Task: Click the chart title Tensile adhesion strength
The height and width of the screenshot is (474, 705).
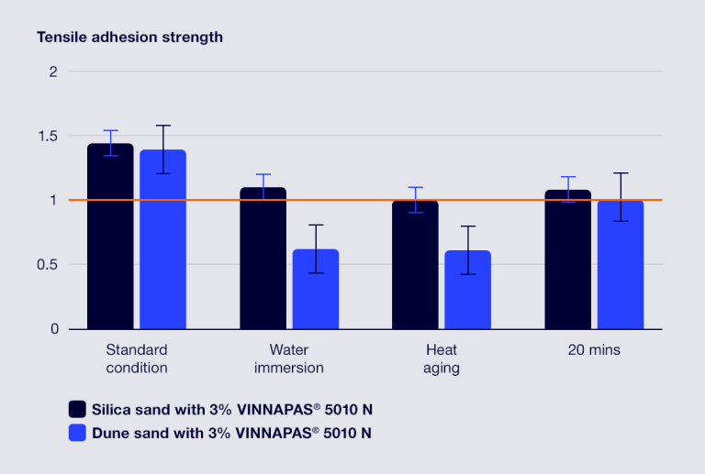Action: click(129, 38)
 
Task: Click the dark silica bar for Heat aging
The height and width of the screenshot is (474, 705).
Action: click(415, 265)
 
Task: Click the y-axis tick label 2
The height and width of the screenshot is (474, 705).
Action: click(54, 72)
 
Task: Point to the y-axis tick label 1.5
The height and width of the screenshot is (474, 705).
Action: click(48, 136)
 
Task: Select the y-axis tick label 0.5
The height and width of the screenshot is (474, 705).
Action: click(48, 265)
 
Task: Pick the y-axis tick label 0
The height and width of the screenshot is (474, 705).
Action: click(54, 329)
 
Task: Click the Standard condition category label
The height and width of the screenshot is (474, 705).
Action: click(137, 358)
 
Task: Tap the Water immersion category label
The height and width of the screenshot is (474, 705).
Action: click(289, 358)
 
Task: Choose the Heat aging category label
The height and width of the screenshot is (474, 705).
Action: click(442, 358)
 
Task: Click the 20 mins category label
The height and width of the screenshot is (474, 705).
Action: click(594, 349)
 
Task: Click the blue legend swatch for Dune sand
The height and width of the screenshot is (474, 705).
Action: click(77, 433)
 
